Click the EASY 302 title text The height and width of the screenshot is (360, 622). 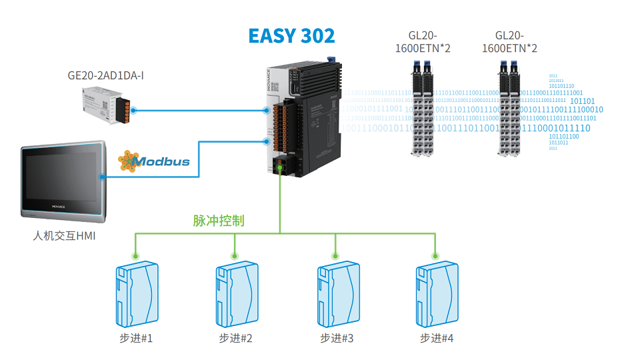coord(291,35)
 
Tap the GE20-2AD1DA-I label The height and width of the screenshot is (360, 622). coord(106,75)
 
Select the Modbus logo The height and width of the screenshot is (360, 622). coord(154,161)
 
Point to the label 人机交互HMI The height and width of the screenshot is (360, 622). coord(64,235)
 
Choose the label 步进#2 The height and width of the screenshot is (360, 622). coord(235,339)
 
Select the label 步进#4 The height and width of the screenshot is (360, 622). coord(437,339)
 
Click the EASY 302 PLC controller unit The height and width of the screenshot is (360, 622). coord(303,120)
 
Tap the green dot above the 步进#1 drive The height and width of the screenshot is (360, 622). coord(135,255)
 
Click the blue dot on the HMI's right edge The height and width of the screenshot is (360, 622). coord(102,177)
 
